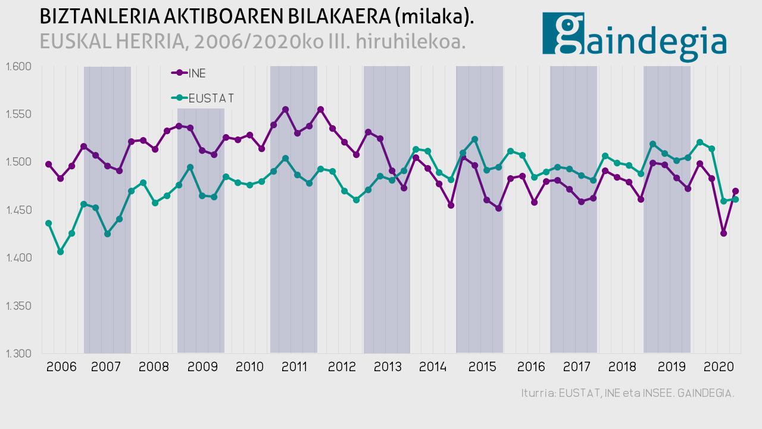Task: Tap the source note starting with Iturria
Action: tap(627, 394)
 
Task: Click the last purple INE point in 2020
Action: tap(735, 191)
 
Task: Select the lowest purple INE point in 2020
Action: tap(723, 233)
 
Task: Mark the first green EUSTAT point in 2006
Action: tap(49, 223)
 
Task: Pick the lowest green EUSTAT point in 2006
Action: tap(60, 252)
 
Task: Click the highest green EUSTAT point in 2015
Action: tap(474, 139)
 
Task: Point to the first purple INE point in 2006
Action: tap(49, 164)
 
